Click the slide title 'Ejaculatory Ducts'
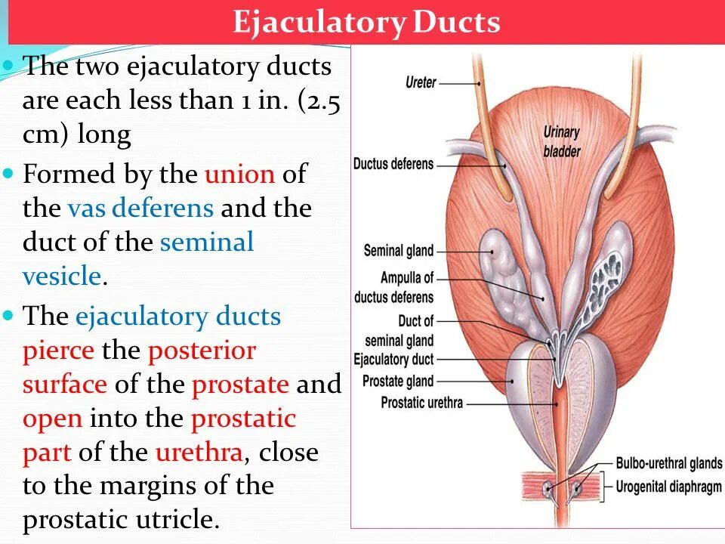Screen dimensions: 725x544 tap(366, 22)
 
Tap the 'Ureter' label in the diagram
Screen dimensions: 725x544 tap(421, 82)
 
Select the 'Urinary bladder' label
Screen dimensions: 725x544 tap(562, 141)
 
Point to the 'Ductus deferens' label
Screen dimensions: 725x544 tap(393, 164)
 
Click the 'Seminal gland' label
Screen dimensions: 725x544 tap(399, 250)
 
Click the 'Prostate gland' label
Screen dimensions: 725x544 tap(398, 381)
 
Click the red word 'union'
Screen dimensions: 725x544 tap(239, 175)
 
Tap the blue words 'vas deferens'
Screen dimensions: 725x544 tap(140, 208)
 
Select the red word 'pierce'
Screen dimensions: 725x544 tap(59, 351)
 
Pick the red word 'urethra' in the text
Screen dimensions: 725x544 tap(199, 453)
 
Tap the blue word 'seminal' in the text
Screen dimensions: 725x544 tap(206, 242)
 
